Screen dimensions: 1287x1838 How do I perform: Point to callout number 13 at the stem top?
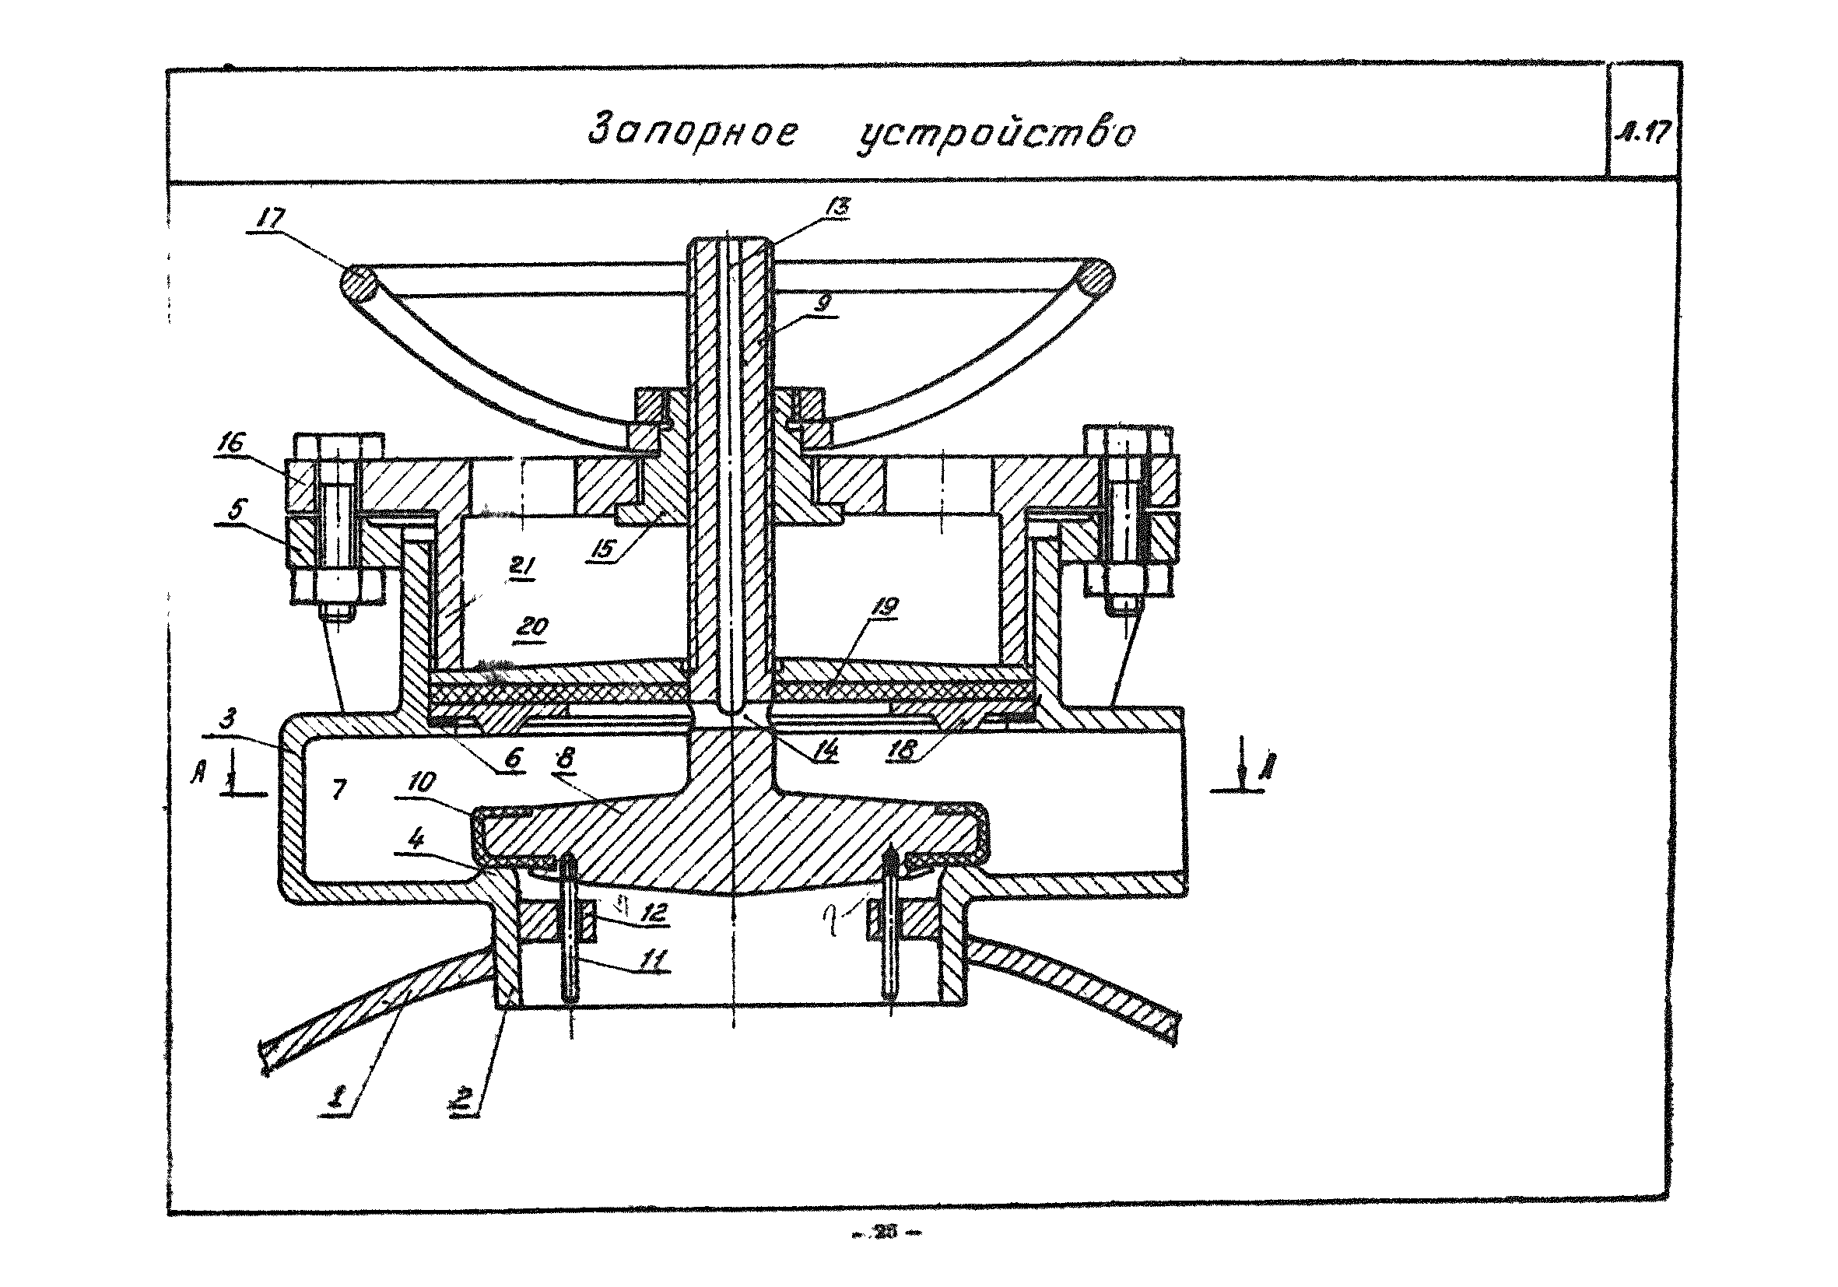coord(837,207)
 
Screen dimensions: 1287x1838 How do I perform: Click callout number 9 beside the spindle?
coord(826,303)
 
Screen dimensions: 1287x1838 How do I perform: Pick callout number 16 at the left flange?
coord(231,444)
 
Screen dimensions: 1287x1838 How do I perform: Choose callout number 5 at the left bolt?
coord(235,509)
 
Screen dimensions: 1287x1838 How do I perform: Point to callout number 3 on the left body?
coord(228,719)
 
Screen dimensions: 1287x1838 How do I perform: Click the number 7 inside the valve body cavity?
coord(339,790)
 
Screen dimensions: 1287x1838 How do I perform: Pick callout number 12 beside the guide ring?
coord(653,913)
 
